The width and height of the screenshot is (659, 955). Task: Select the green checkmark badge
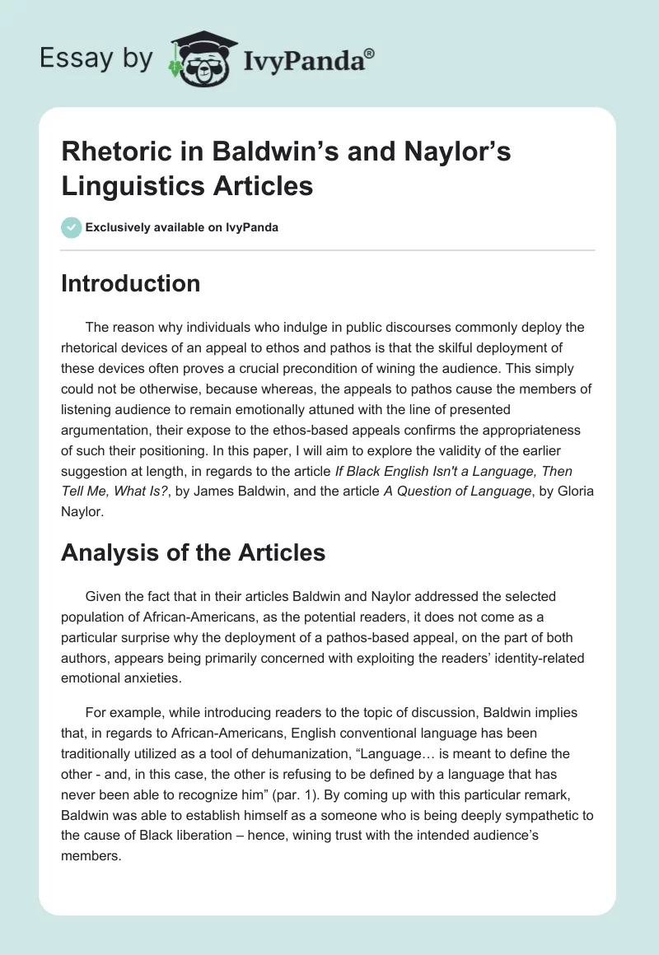pos(71,227)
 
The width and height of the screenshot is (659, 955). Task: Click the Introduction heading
pos(130,283)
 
